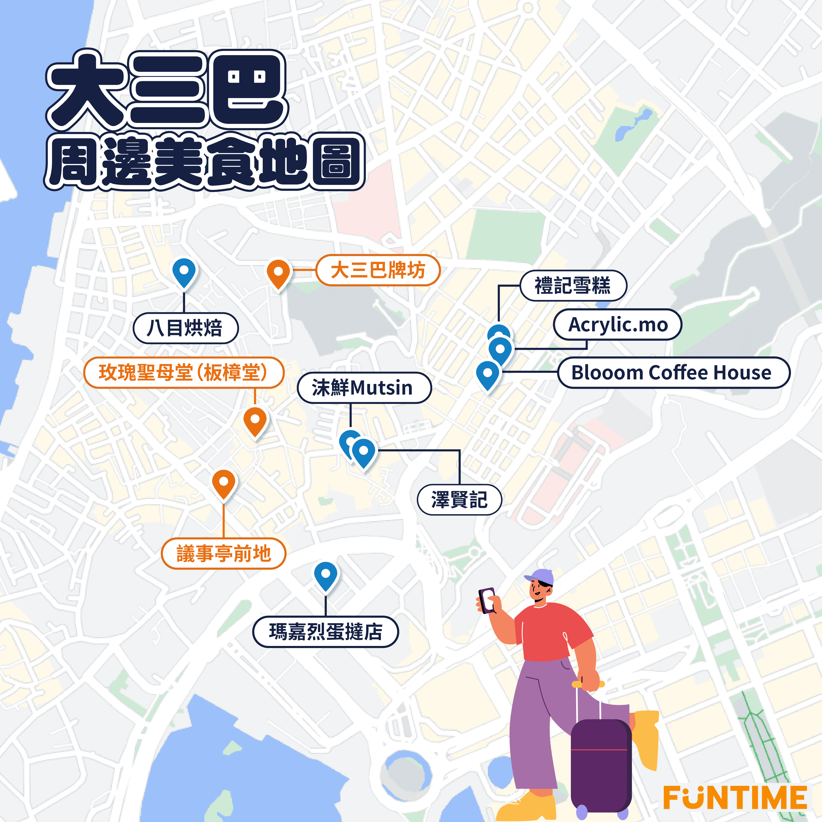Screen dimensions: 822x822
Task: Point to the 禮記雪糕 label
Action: click(573, 286)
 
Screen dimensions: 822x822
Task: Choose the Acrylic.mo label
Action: click(617, 325)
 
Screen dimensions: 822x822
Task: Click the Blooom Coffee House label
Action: click(673, 373)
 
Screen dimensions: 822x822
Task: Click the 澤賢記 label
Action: click(460, 500)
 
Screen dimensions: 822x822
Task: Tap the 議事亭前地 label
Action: click(223, 554)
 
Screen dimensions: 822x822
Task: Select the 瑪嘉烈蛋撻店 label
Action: click(326, 632)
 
